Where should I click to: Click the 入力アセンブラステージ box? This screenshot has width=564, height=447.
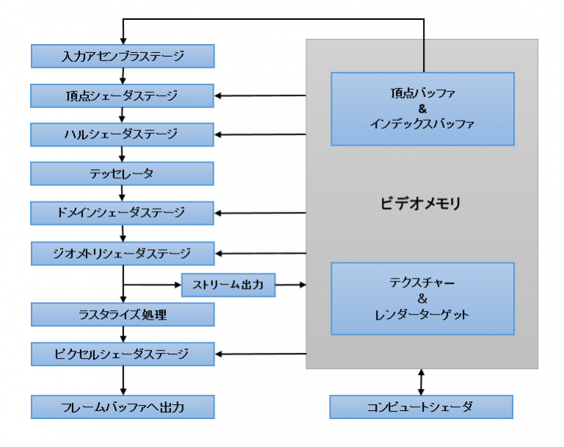123,56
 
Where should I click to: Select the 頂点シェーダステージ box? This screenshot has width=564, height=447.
123,96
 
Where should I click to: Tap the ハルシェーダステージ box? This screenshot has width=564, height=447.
123,135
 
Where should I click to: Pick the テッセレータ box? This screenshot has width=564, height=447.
123,174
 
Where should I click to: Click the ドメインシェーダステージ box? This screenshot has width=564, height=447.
123,213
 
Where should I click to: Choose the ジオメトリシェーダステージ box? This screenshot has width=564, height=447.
123,253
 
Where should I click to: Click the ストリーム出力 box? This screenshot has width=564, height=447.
228,285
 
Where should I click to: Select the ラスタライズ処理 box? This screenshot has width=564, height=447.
123,315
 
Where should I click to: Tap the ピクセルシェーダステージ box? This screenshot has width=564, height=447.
123,354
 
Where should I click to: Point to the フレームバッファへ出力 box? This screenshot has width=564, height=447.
123,407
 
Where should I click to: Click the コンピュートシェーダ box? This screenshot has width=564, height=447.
421,407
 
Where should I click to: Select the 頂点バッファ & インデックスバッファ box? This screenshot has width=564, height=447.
422,109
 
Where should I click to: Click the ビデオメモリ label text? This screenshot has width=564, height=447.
422,204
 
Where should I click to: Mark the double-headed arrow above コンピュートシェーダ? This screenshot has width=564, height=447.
421,382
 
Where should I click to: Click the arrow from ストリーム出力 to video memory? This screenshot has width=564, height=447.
291,285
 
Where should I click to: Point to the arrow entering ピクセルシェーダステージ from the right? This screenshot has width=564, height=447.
261,354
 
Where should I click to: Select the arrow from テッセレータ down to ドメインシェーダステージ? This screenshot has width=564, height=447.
123,193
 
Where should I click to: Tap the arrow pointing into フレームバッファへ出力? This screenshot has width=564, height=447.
123,381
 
